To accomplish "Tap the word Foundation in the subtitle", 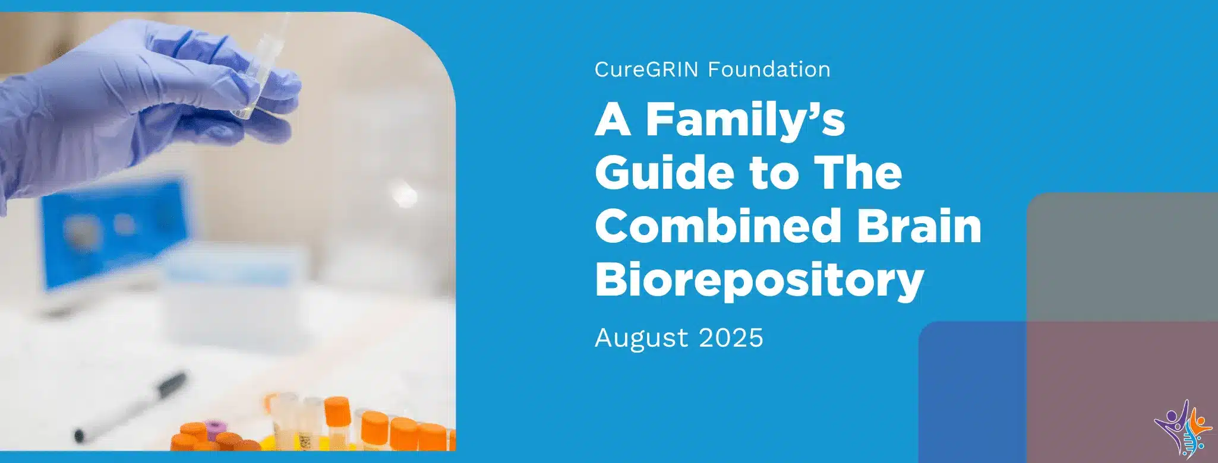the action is click(769, 69).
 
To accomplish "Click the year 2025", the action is click(731, 338).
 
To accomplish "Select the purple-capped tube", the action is click(213, 430).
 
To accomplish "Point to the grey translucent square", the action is click(1122, 256).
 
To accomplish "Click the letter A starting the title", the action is click(613, 120).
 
